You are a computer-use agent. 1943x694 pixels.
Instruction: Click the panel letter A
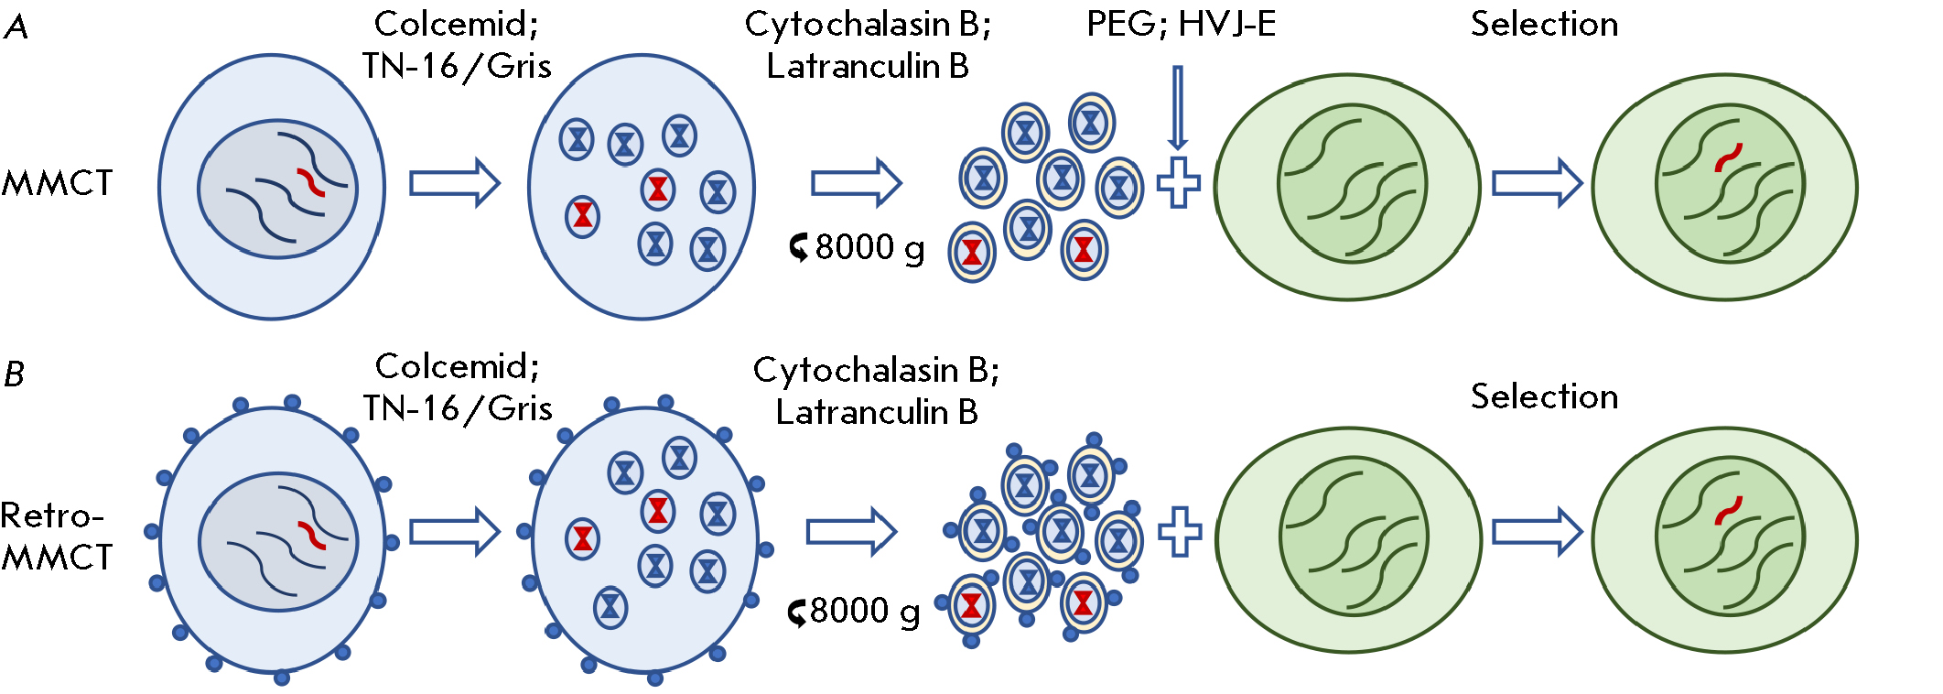point(16,27)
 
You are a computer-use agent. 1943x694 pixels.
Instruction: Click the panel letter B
point(14,374)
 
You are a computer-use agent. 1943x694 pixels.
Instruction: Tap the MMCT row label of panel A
point(57,183)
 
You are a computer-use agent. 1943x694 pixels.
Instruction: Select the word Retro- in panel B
point(52,515)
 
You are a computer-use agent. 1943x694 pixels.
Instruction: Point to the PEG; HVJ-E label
point(1181,24)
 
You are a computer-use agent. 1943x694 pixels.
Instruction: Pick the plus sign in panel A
point(1178,182)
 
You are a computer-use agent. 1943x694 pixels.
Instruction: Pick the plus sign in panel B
point(1180,531)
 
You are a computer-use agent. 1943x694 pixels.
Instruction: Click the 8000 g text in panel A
point(869,247)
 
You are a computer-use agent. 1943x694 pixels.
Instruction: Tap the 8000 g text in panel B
point(865,610)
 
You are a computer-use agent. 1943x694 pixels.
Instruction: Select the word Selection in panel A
point(1544,24)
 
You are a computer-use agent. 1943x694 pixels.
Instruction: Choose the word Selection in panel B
point(1544,396)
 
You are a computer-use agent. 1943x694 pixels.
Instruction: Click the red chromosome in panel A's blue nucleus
point(310,181)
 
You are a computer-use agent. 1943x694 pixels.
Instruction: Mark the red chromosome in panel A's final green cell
point(1728,157)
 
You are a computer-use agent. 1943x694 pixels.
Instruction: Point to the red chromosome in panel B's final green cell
point(1728,510)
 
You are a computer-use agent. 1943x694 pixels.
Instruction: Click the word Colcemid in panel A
point(456,24)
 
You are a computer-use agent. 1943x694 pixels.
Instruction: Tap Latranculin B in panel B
point(876,412)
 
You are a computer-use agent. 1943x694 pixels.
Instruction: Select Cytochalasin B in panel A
point(867,24)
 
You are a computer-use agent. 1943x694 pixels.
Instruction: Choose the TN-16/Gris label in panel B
point(458,408)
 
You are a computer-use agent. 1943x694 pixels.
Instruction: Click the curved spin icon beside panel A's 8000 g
point(799,247)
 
